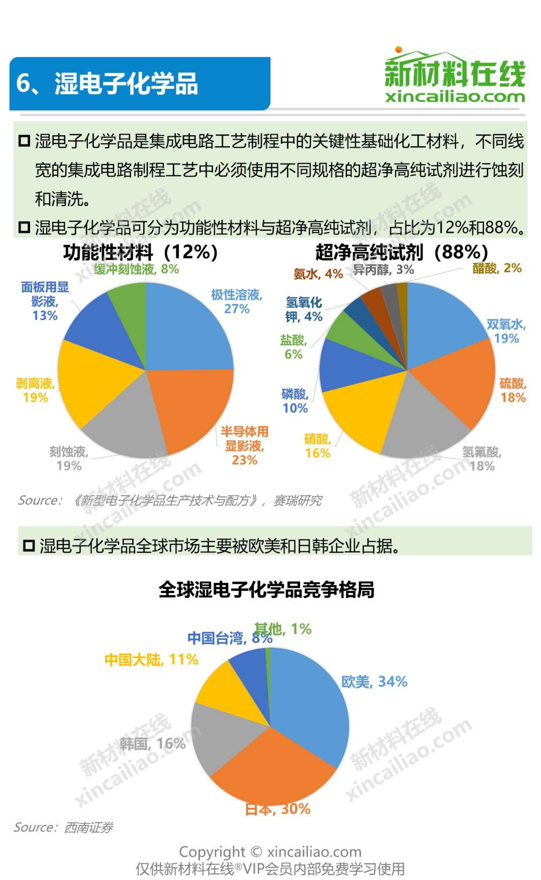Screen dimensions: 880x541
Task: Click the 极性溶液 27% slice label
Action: (x=236, y=302)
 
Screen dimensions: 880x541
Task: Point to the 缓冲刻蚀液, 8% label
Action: (x=136, y=269)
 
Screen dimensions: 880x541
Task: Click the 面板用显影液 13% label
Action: (x=45, y=301)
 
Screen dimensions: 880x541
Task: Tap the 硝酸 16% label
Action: (x=318, y=446)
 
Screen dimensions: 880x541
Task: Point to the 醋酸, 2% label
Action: (x=497, y=268)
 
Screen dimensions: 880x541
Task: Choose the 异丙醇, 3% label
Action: (x=383, y=269)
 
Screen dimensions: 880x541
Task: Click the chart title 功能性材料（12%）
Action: (x=141, y=252)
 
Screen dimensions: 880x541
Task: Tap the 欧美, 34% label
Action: (x=374, y=682)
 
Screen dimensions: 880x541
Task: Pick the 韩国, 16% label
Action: (x=152, y=744)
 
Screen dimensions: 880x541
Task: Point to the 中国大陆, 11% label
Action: (x=151, y=660)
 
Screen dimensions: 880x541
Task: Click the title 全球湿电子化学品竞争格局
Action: (x=266, y=590)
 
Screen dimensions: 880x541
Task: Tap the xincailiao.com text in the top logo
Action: (x=455, y=96)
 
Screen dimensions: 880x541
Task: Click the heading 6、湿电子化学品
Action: (x=107, y=83)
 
